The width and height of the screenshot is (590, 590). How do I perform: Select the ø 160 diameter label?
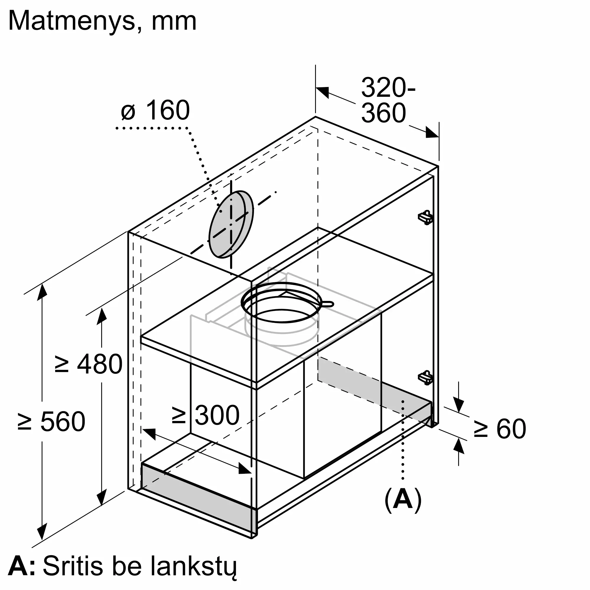click(x=155, y=110)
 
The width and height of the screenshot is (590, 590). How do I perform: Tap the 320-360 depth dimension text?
click(x=388, y=100)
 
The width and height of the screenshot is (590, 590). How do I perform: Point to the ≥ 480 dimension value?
click(x=88, y=364)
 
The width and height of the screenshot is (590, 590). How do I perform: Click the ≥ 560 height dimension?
click(x=51, y=422)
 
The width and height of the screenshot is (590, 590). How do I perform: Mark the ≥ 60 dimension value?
click(x=500, y=429)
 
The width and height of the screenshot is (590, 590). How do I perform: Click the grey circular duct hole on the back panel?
click(x=231, y=224)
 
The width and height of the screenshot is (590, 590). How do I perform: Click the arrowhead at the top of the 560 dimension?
click(x=42, y=292)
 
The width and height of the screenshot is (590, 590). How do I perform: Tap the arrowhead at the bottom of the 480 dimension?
click(x=102, y=497)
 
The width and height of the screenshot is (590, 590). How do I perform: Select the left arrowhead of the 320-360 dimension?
click(x=322, y=92)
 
